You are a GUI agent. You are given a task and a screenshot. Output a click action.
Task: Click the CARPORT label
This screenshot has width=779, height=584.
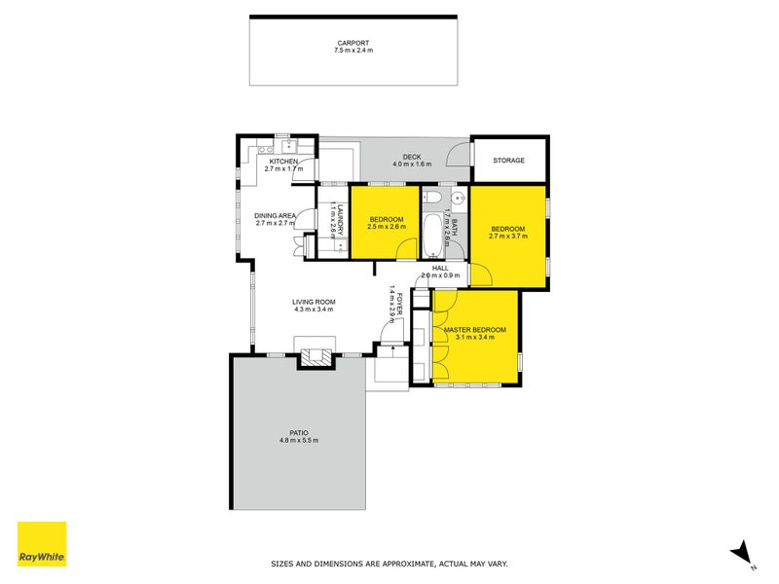click(352, 42)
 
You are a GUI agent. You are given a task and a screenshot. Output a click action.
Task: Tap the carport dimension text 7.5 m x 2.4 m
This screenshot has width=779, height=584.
click(352, 50)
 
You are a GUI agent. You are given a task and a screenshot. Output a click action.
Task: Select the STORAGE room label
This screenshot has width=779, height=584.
click(508, 161)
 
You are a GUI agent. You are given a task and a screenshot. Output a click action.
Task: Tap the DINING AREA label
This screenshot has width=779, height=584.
click(275, 215)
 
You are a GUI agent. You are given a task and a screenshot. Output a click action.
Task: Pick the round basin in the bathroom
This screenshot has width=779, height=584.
click(456, 195)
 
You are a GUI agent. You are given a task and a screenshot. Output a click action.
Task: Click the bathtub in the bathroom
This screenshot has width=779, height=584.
click(432, 234)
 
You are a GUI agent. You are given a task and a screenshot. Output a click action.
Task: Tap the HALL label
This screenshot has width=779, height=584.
click(440, 267)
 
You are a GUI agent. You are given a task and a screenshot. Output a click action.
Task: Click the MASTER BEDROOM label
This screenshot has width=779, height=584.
click(474, 330)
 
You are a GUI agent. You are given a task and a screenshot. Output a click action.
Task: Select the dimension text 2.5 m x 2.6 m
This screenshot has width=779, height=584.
click(387, 227)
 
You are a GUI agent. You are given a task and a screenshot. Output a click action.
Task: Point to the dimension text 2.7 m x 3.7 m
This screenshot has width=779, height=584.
click(507, 236)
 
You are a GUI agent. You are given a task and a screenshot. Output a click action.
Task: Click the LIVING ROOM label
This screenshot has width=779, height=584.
click(314, 302)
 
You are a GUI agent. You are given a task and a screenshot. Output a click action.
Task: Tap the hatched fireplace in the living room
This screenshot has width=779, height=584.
click(315, 357)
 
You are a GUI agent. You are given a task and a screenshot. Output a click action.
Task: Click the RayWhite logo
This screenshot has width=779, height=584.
click(42, 545)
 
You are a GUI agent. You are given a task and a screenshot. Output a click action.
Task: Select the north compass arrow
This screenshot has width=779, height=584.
click(742, 552)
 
